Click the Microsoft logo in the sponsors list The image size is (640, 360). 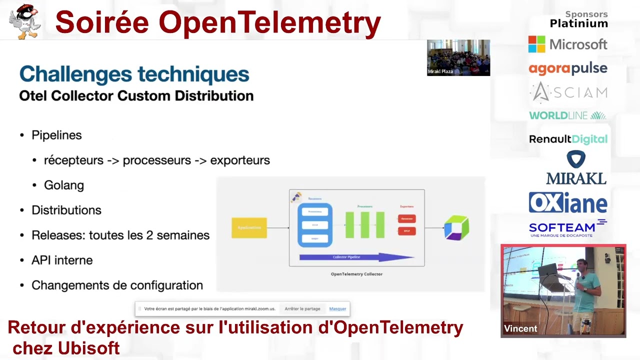567,44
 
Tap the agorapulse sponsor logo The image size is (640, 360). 568,68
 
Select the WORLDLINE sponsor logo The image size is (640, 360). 567,115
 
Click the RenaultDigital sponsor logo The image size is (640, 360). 568,139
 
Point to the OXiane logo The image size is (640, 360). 568,203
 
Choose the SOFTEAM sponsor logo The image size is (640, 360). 567,228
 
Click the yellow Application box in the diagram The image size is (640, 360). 249,228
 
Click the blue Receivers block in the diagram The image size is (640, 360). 315,225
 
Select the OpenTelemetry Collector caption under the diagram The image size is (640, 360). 356,274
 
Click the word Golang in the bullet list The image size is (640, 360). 64,185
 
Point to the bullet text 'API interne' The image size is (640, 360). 62,260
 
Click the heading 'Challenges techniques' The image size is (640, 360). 134,74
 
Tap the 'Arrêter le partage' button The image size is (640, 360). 302,309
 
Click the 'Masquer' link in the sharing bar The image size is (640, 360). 337,309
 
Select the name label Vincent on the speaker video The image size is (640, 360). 520,328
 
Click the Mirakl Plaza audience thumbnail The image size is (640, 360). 458,57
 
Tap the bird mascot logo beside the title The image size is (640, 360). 24,21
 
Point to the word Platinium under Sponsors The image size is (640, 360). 578,23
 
